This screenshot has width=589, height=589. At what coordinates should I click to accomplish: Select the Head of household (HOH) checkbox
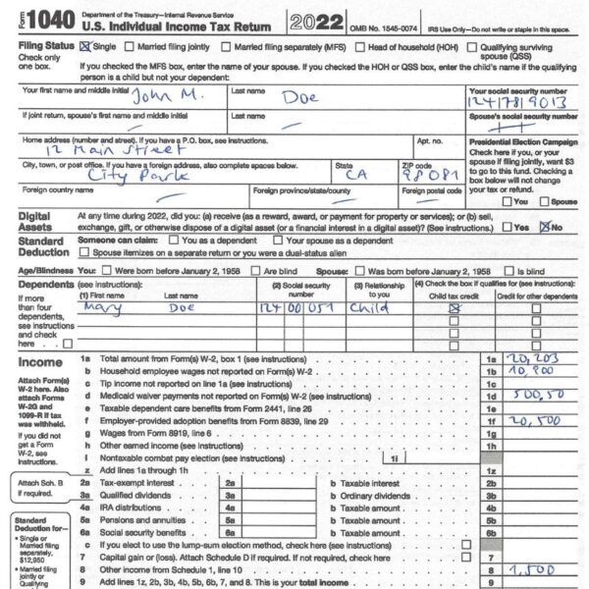coord(361,46)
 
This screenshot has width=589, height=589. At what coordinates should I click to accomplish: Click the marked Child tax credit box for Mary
coord(454,307)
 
